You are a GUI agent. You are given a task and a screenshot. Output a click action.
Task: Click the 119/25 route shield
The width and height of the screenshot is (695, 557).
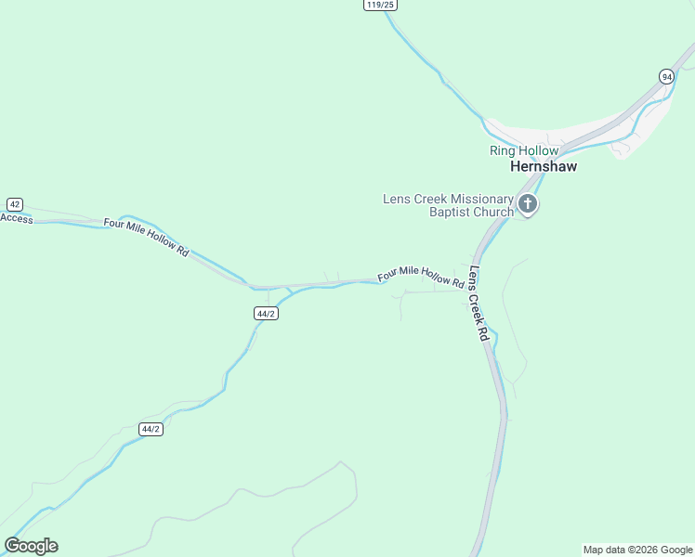(x=380, y=5)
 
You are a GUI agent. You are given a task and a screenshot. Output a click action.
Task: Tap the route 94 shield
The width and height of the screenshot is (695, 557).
(x=667, y=76)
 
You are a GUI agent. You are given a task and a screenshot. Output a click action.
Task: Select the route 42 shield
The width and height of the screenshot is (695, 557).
(x=14, y=204)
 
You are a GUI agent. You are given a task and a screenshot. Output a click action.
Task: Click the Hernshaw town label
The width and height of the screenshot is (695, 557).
(x=544, y=167)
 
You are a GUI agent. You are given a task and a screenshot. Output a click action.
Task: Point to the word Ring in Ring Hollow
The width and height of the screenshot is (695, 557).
(x=502, y=150)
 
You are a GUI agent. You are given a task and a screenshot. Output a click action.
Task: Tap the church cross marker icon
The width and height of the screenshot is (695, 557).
(x=528, y=204)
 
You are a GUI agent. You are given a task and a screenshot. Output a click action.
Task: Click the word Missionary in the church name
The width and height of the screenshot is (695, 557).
(x=481, y=199)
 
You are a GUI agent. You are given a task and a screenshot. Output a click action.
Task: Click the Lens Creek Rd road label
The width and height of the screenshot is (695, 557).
(x=479, y=304)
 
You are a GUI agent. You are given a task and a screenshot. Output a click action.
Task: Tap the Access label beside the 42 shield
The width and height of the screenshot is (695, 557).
(x=17, y=218)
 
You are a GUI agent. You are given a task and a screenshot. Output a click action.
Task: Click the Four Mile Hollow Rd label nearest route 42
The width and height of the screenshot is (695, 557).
(x=147, y=238)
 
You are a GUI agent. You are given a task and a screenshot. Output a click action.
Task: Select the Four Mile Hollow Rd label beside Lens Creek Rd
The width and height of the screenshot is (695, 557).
(x=421, y=276)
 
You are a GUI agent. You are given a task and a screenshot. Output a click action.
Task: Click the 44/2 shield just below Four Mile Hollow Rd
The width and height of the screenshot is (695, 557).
(x=266, y=314)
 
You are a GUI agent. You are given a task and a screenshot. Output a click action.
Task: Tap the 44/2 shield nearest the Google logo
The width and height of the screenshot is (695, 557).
(x=151, y=429)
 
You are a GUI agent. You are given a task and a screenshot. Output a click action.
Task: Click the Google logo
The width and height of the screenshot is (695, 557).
(x=31, y=546)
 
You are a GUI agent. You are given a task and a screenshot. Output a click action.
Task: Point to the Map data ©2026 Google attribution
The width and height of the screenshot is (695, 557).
(x=638, y=550)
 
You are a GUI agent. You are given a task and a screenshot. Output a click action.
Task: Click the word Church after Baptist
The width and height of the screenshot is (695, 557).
(x=493, y=213)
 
